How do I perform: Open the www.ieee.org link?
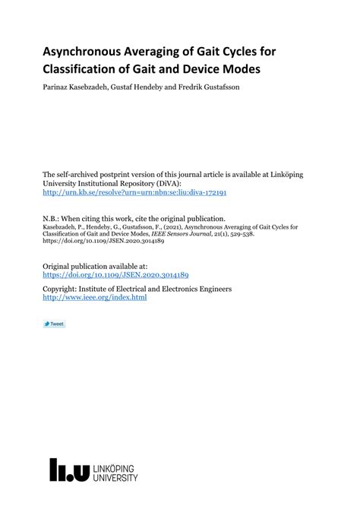[x=95, y=298]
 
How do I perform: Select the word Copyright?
[x=62, y=289]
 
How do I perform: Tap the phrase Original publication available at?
[x=95, y=267]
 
